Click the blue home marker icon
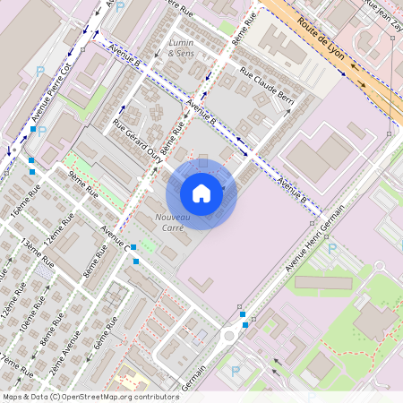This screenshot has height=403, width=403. [x=201, y=193]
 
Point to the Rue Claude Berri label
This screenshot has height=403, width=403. [x=266, y=94]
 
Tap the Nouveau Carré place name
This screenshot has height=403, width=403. [x=173, y=223]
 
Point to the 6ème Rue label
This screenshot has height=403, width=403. [x=106, y=330]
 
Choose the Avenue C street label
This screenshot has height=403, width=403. [x=115, y=236]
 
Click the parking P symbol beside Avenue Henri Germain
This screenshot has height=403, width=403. [x=332, y=248]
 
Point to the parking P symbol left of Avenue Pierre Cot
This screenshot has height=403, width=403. [x=39, y=70]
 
